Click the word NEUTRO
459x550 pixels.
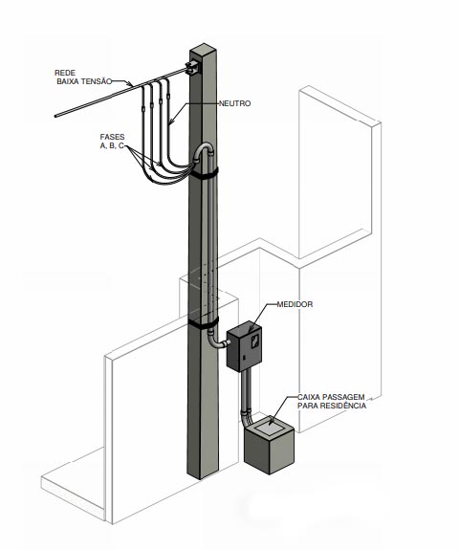click(234, 103)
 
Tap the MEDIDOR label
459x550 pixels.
click(295, 304)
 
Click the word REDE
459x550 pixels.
click(65, 73)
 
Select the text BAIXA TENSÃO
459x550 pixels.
click(84, 81)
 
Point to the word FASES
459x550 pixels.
click(112, 137)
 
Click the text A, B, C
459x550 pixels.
click(112, 146)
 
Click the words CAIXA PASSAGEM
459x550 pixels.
click(331, 397)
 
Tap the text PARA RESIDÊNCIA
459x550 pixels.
click(332, 406)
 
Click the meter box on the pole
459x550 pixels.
click(245, 346)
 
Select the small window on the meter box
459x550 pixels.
click(255, 341)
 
